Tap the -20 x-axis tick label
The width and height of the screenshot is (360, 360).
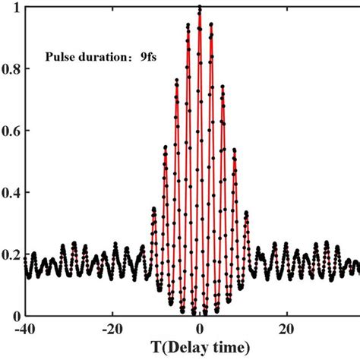click(x=112, y=330)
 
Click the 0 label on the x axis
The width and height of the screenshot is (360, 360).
click(x=200, y=330)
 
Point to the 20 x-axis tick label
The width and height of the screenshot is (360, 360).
click(x=286, y=330)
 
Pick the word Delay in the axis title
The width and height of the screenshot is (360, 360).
click(x=172, y=348)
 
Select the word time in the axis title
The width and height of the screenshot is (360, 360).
click(x=220, y=348)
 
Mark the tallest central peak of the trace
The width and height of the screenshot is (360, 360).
click(x=200, y=8)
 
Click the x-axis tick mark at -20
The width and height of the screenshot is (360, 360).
click(x=112, y=314)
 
